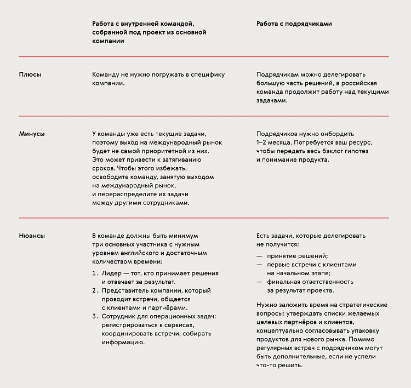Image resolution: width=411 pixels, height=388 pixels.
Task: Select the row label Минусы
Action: coord(32,134)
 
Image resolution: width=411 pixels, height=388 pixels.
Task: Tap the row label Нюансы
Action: coord(32,236)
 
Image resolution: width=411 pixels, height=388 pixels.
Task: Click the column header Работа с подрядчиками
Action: coord(294,24)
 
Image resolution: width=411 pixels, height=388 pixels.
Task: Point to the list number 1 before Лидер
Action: coord(94,273)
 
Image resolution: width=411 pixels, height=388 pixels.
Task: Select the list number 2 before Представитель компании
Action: coord(95,290)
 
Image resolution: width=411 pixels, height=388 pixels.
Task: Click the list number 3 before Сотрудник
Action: coord(95,317)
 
